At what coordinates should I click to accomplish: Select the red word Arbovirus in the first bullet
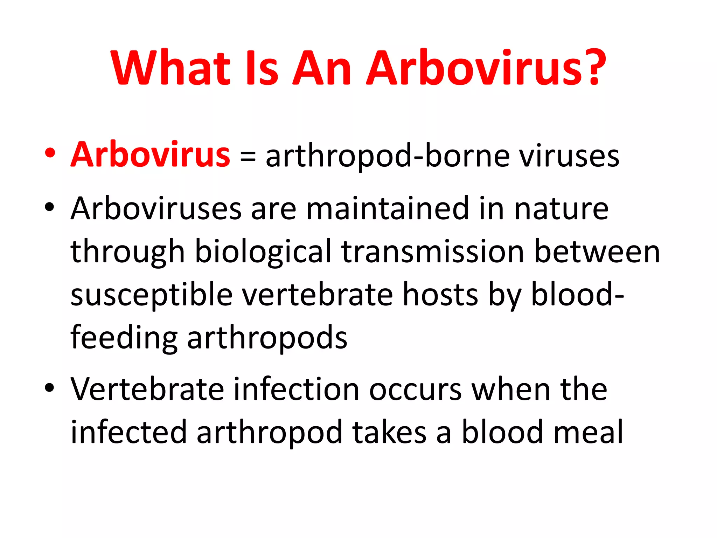pyautogui.click(x=151, y=155)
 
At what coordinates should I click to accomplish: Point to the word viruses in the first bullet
pyautogui.click(x=570, y=156)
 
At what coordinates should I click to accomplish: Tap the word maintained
pyautogui.click(x=387, y=209)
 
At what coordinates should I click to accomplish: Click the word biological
pyautogui.click(x=263, y=252)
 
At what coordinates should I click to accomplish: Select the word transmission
pyautogui.click(x=432, y=252)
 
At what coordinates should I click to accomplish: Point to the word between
pyautogui.click(x=597, y=252)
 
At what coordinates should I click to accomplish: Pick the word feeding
pyautogui.click(x=124, y=338)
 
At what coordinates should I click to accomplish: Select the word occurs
pyautogui.click(x=415, y=390)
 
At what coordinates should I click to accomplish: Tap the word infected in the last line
pyautogui.click(x=128, y=432)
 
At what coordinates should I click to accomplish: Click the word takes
pyautogui.click(x=389, y=432)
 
